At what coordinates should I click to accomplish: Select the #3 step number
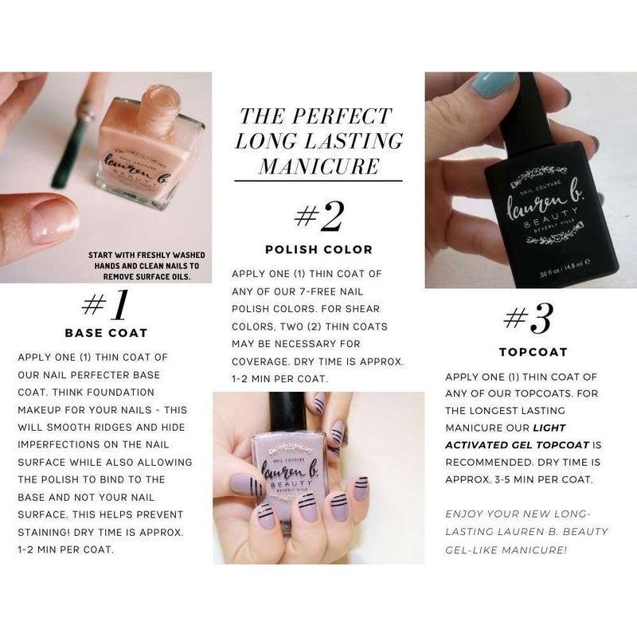tap(529, 319)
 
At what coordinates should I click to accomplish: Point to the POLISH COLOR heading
tap(318, 249)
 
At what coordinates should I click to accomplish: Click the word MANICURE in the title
tap(319, 167)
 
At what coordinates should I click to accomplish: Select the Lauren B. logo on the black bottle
tap(534, 207)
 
